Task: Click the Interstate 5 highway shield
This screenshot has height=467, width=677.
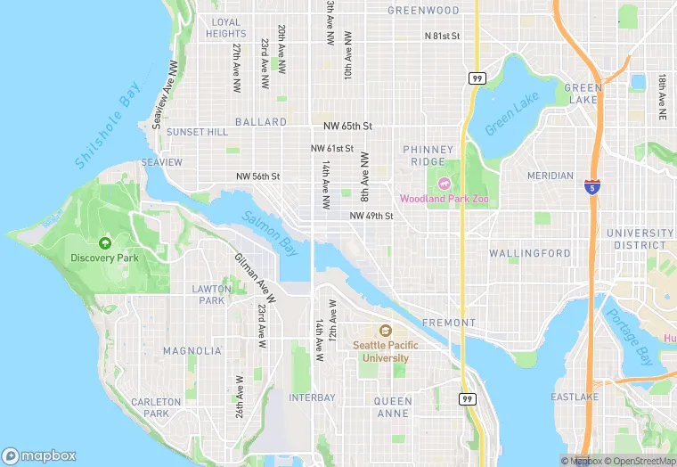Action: [591, 186]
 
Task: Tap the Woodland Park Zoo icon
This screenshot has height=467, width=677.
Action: [444, 184]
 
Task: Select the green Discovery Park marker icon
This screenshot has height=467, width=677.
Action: [105, 242]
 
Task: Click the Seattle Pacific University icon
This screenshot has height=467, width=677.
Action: [386, 331]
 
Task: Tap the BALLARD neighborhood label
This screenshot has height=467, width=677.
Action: [261, 122]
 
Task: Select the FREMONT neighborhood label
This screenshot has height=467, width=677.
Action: [449, 323]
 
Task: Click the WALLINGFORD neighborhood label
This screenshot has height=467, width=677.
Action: [530, 254]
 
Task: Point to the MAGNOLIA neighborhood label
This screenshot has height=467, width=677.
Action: [192, 351]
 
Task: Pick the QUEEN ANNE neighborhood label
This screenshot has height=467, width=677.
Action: [393, 407]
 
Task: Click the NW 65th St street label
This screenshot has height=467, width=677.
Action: [342, 127]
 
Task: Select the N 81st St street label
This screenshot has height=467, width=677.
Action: [442, 37]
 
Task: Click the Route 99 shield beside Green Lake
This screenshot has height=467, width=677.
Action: [477, 78]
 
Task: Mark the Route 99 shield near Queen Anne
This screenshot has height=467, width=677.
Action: [467, 398]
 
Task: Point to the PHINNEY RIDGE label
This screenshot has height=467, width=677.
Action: [428, 156]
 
